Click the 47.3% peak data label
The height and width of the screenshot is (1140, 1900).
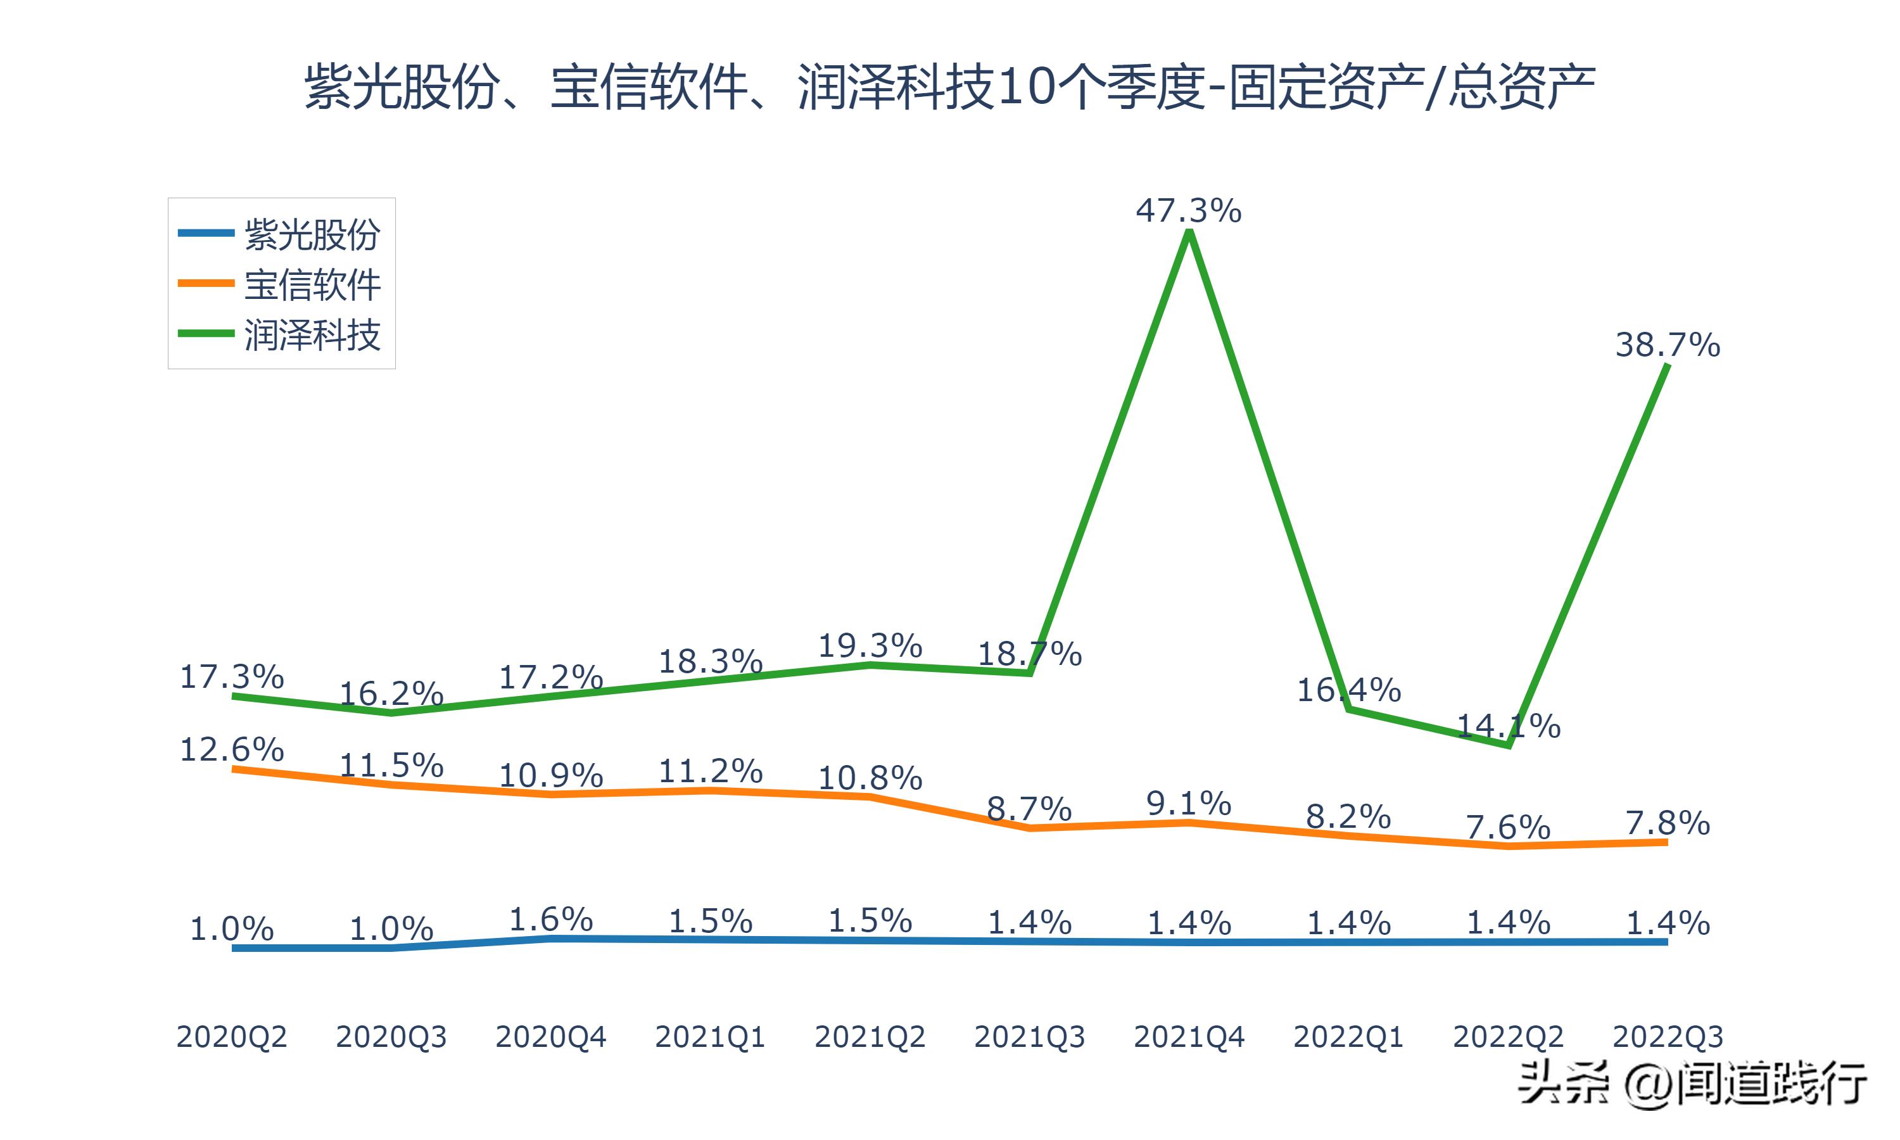click(x=1188, y=210)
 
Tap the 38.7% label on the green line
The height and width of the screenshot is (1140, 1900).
click(x=1668, y=345)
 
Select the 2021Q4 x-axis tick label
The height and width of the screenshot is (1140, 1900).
click(x=1188, y=1037)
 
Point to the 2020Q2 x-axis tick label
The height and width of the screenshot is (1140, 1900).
click(x=231, y=1037)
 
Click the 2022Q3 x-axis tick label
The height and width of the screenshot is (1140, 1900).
click(x=1668, y=1037)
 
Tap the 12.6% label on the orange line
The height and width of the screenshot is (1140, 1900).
click(x=231, y=750)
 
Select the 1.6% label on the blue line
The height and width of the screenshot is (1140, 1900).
click(x=550, y=920)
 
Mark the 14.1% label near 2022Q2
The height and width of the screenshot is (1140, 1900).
click(x=1509, y=726)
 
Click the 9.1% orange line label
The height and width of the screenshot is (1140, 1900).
click(x=1188, y=804)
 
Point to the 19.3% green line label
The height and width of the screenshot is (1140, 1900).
click(x=870, y=646)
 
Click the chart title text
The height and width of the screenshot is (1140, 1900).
click(x=949, y=86)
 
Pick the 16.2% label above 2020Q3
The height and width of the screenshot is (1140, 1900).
click(x=391, y=693)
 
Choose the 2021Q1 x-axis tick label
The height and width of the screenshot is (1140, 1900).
click(x=709, y=1037)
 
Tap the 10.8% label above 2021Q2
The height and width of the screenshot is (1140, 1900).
click(x=870, y=778)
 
